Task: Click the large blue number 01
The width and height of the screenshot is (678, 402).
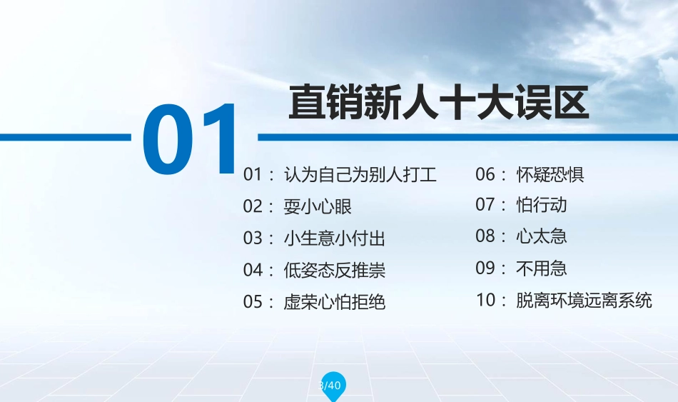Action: (191, 139)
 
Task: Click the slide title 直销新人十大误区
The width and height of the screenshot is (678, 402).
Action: (438, 103)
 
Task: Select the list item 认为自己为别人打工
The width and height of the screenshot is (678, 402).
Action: (360, 174)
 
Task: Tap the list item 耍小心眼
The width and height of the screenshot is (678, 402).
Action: (318, 206)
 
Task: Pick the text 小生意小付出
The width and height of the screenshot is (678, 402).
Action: (334, 238)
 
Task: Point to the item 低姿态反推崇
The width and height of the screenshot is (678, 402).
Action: (334, 270)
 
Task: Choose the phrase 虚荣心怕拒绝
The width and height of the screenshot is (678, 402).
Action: (334, 301)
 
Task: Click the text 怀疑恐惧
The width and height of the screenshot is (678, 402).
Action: (550, 174)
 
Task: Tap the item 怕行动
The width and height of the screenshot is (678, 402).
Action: (541, 205)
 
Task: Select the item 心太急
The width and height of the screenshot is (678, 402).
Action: (541, 236)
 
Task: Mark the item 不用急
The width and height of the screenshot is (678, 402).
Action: (541, 268)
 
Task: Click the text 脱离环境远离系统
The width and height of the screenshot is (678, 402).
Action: (584, 300)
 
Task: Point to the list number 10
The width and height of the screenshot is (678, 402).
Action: (486, 300)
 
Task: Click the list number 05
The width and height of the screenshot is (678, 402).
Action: (253, 301)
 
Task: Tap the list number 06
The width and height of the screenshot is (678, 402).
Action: (486, 174)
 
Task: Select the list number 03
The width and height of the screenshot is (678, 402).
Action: (253, 238)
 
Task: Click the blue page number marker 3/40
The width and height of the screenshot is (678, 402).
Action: (331, 386)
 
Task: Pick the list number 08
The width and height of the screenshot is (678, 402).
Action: (486, 236)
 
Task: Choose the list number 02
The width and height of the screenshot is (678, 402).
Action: (253, 206)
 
